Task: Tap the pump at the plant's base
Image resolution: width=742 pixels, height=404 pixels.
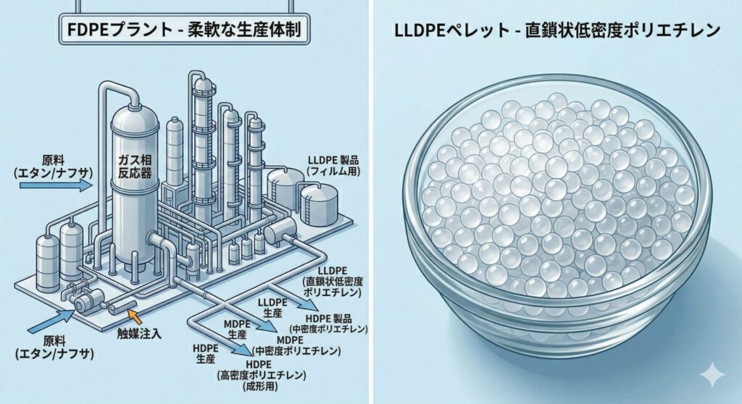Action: point(86,299)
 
